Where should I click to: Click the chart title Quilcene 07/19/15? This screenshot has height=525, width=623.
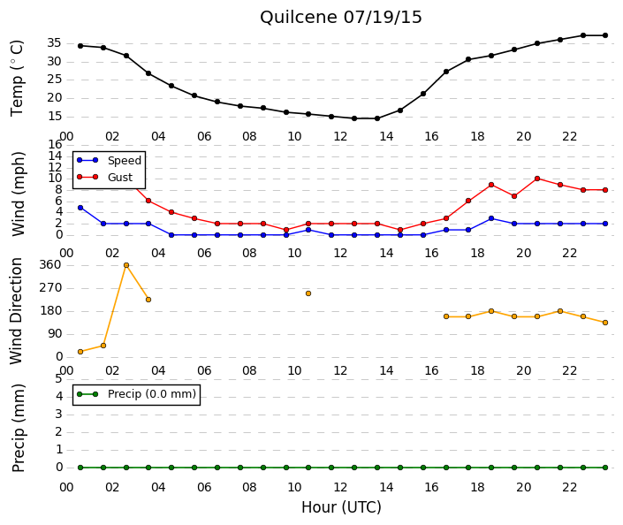[340, 18]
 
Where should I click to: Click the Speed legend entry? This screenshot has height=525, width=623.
[110, 160]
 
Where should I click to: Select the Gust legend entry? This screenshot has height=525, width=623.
[104, 177]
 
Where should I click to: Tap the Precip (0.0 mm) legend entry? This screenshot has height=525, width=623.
[136, 394]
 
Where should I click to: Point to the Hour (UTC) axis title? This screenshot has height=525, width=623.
[341, 507]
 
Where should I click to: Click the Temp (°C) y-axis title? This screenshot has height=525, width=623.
[17, 79]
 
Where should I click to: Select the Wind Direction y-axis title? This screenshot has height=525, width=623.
[16, 311]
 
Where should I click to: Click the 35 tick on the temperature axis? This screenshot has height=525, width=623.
[54, 43]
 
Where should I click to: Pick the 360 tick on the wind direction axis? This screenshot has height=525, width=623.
[50, 264]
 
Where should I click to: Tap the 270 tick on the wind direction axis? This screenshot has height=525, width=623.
[50, 288]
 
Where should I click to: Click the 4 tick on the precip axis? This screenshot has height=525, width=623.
[59, 396]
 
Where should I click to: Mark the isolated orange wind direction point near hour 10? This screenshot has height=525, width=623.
[308, 293]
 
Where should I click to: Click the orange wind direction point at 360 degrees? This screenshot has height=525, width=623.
[126, 265]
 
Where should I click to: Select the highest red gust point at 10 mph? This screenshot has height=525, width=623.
[537, 179]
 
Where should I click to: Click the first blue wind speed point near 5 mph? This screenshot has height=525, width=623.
[80, 208]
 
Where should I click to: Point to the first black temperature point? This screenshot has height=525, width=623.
[80, 46]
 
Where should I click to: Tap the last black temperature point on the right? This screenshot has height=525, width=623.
[605, 35]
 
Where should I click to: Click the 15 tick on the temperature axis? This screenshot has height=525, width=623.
[54, 117]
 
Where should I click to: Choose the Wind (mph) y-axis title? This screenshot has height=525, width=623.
[18, 194]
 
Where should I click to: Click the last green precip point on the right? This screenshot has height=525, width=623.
[605, 468]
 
